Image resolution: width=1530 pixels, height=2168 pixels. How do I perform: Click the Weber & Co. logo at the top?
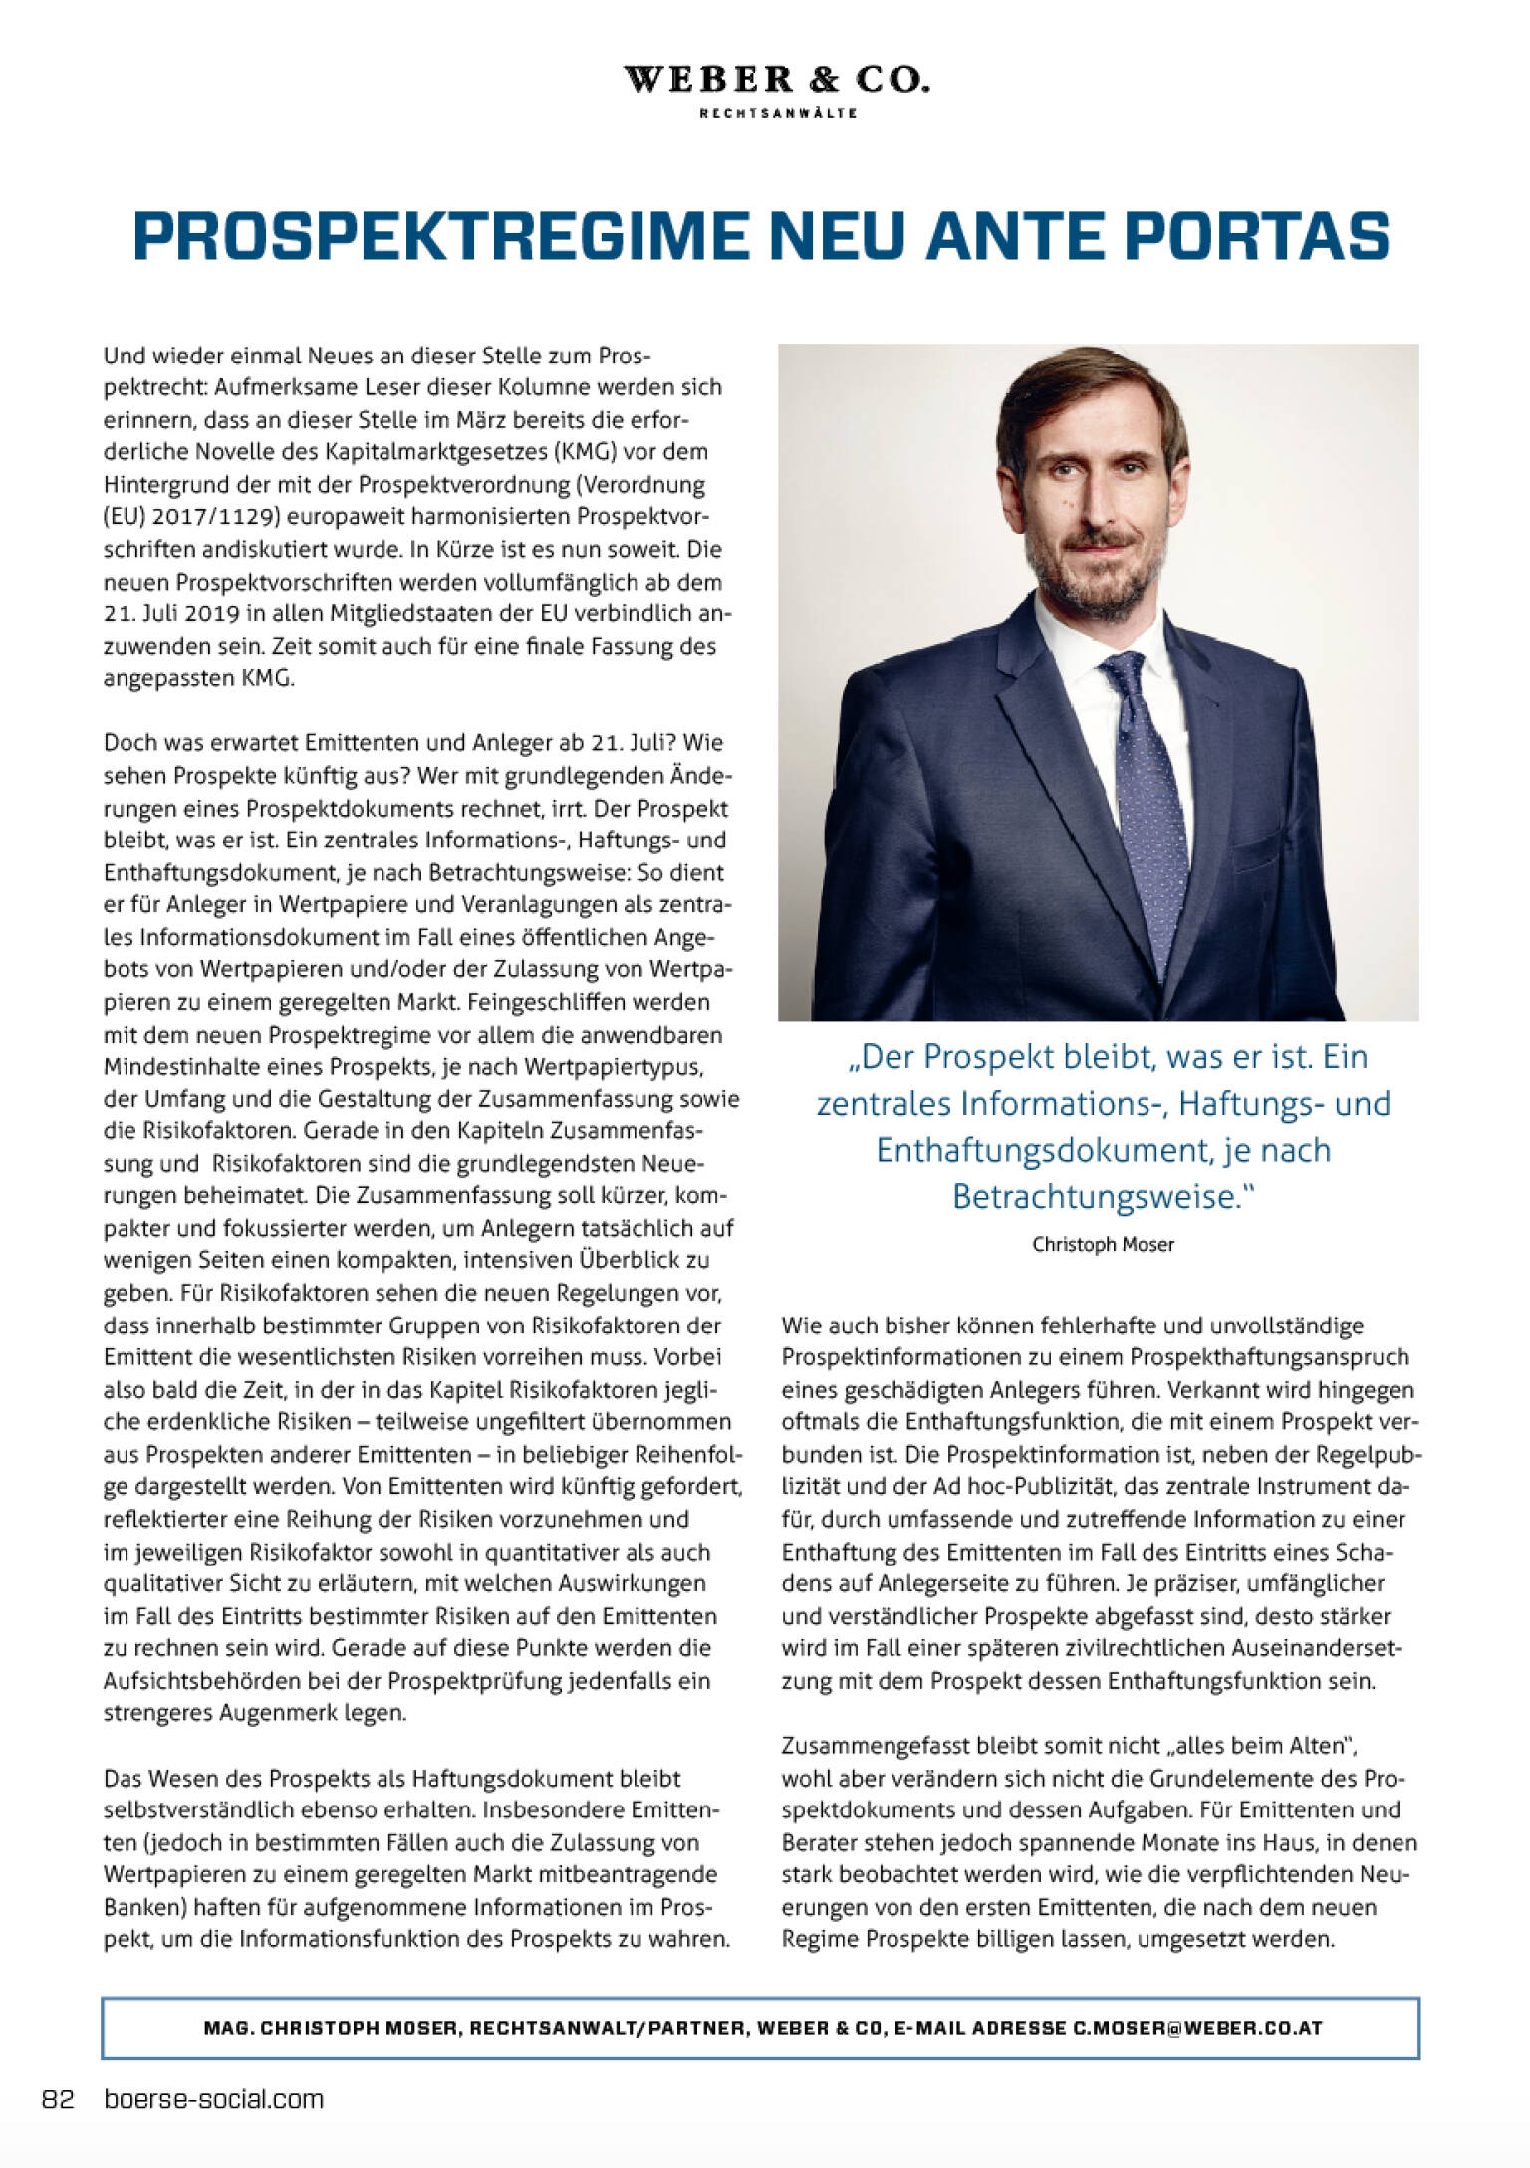tap(776, 80)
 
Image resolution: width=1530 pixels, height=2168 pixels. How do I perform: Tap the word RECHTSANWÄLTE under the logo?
tap(778, 113)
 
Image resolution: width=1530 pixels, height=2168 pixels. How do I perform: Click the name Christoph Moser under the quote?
tap(1103, 1244)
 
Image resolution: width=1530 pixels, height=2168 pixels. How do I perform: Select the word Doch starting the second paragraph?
tap(126, 743)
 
